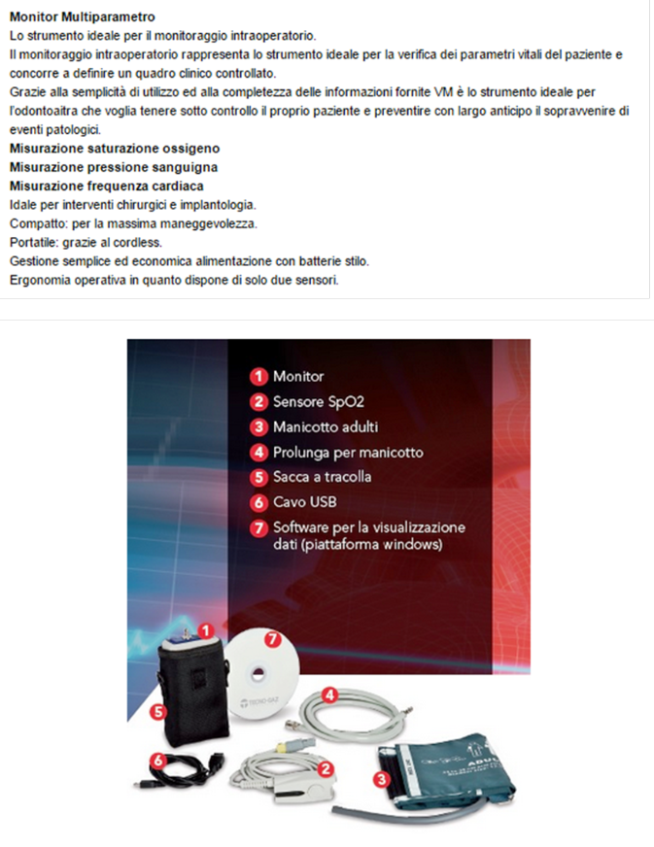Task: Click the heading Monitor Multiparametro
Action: click(82, 17)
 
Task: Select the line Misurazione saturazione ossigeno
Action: click(114, 149)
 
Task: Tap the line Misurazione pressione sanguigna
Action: click(113, 167)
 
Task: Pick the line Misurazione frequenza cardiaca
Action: click(107, 186)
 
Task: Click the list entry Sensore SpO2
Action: click(318, 401)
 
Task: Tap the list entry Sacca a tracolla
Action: click(322, 478)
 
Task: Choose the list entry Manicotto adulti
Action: click(326, 426)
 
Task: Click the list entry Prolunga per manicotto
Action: click(348, 453)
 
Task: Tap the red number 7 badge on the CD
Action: click(273, 639)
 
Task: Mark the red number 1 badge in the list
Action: click(258, 376)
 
